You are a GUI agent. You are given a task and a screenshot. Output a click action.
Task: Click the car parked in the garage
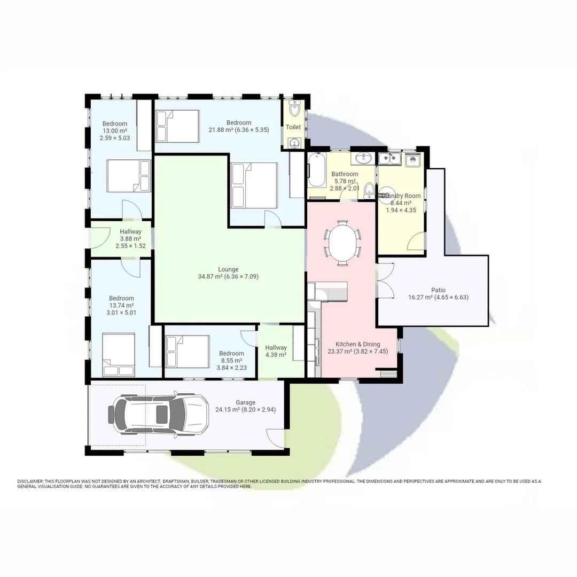click(x=158, y=414)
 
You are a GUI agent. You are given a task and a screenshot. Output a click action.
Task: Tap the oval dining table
click(x=342, y=243)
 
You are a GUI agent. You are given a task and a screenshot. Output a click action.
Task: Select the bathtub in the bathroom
click(x=316, y=169)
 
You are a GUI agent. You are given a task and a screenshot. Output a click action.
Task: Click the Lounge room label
click(x=228, y=269)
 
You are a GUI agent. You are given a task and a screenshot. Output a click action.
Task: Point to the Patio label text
click(x=438, y=290)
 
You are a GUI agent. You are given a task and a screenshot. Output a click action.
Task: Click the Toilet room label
click(x=293, y=127)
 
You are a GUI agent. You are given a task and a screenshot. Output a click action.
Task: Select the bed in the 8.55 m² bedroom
click(x=187, y=351)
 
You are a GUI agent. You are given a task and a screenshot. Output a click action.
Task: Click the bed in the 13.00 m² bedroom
click(x=128, y=176)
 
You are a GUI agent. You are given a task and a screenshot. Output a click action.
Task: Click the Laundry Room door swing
click(x=416, y=242)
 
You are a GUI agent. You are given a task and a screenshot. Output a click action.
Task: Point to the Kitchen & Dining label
click(x=358, y=344)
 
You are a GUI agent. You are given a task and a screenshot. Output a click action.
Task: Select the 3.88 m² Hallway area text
click(x=130, y=239)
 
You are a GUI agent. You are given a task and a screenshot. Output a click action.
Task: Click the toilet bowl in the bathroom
click(x=369, y=190)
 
